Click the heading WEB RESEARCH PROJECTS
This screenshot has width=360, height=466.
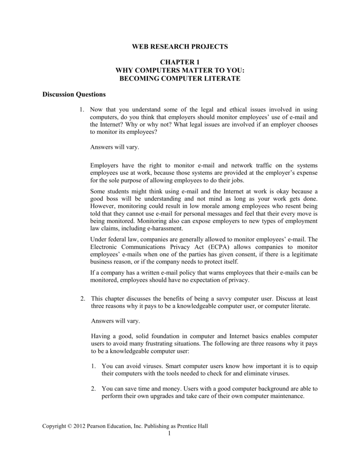pos(179,46)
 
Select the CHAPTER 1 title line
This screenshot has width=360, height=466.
pos(179,62)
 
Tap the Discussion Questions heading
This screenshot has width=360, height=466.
pos(74,95)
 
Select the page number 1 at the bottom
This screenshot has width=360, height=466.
pos(168,433)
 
